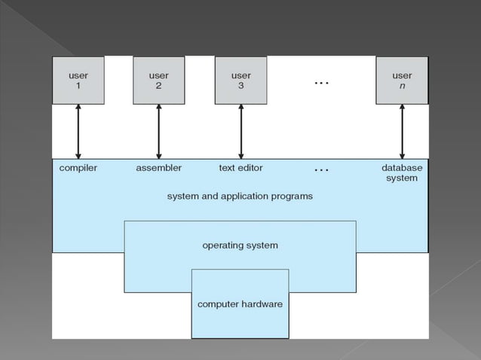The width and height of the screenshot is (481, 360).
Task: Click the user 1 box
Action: click(78, 81)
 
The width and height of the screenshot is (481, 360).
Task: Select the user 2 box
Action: click(159, 81)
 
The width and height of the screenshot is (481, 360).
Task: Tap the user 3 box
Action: click(240, 81)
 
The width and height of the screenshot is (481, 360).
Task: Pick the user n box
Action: click(402, 81)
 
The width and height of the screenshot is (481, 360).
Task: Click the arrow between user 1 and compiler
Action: click(78, 131)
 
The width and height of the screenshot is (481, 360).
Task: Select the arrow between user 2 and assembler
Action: click(159, 131)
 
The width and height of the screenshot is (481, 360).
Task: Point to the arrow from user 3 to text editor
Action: click(240, 131)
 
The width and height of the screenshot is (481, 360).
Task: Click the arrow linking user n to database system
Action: click(402, 131)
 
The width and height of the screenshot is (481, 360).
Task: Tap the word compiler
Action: click(78, 168)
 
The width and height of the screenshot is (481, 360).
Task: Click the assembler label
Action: click(158, 168)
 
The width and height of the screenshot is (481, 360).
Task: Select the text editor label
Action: click(240, 168)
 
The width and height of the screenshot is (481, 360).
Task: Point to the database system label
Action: click(402, 173)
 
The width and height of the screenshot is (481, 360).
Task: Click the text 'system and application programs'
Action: click(240, 196)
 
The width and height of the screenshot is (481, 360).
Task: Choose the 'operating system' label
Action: click(240, 246)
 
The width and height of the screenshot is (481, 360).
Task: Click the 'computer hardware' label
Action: click(240, 304)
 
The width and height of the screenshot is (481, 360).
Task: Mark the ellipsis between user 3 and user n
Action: click(321, 83)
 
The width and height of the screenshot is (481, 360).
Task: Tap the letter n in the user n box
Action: click(402, 87)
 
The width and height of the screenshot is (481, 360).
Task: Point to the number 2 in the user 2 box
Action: click(159, 87)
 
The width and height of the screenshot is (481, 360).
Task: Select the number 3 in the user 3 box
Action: click(240, 87)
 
